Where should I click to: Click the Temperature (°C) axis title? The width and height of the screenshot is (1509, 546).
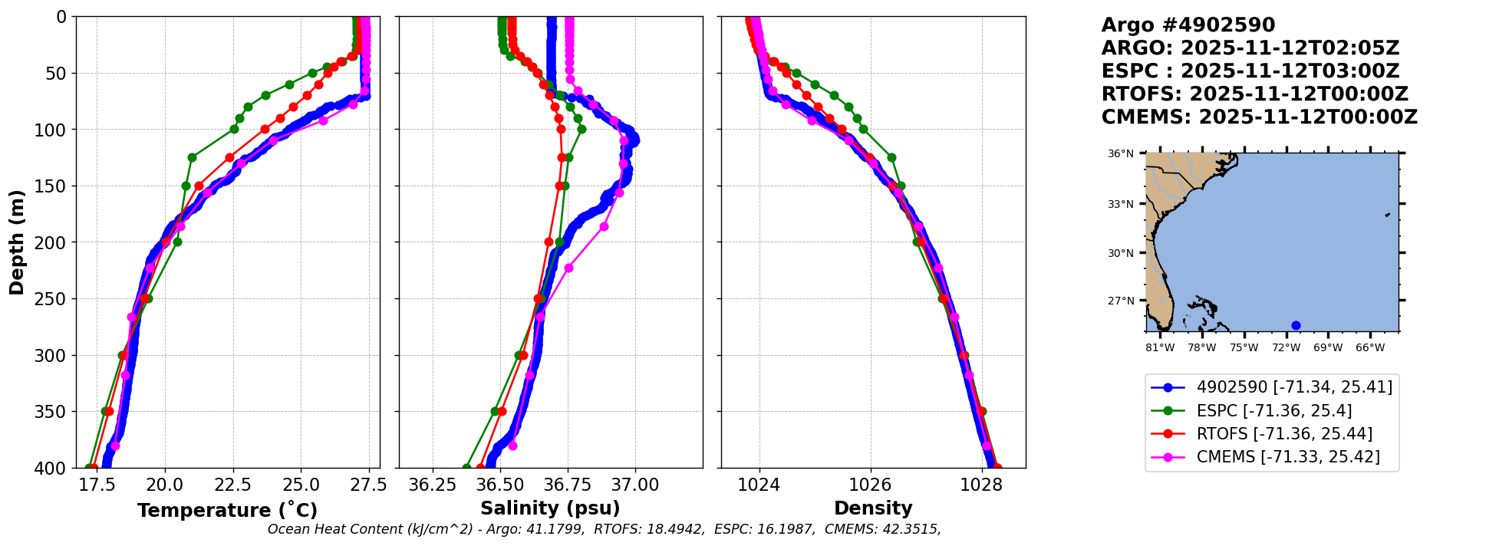227,511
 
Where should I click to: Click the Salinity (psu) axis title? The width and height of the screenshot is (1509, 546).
550,508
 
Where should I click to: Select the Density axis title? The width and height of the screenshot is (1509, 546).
873,508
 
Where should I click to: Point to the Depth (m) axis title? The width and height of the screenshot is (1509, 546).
17,242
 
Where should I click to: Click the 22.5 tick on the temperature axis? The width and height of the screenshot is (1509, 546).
232,485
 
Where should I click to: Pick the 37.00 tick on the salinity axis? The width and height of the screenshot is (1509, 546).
635,485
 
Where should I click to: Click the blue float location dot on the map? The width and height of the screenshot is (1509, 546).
1296,325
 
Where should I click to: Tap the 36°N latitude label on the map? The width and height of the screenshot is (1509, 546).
1120,154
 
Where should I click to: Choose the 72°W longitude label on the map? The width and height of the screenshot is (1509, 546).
1286,348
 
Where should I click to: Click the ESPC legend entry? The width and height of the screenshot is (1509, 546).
1273,411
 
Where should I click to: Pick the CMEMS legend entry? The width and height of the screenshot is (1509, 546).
1288,457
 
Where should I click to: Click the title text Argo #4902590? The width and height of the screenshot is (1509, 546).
1188,25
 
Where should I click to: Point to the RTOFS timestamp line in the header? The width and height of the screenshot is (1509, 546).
1254,94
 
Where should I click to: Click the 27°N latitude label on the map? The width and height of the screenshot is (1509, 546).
1120,301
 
